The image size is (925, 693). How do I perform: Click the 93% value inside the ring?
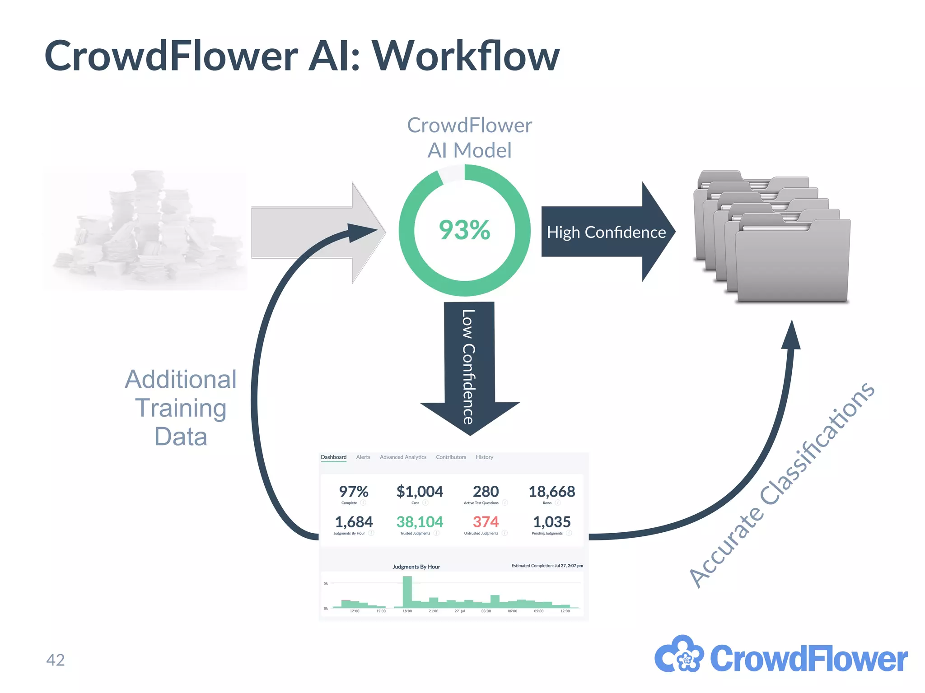click(464, 230)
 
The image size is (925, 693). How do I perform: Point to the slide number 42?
click(56, 660)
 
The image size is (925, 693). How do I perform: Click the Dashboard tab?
click(333, 457)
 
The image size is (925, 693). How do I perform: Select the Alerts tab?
click(363, 457)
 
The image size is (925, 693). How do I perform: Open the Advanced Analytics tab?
click(403, 457)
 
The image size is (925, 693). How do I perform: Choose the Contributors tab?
click(451, 457)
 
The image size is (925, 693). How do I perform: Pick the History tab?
click(484, 457)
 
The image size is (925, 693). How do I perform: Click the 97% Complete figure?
click(354, 492)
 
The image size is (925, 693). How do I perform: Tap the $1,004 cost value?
click(420, 492)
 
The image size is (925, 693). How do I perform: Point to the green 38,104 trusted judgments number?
click(420, 522)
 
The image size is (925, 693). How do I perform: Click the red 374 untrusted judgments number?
click(486, 522)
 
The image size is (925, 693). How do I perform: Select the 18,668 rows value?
click(551, 492)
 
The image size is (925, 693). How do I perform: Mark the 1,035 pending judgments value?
click(551, 522)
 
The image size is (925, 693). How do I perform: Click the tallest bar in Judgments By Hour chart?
click(407, 592)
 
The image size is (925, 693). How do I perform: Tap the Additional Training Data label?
click(181, 408)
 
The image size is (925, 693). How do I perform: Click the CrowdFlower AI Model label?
click(469, 138)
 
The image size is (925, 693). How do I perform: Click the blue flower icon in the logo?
click(679, 655)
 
